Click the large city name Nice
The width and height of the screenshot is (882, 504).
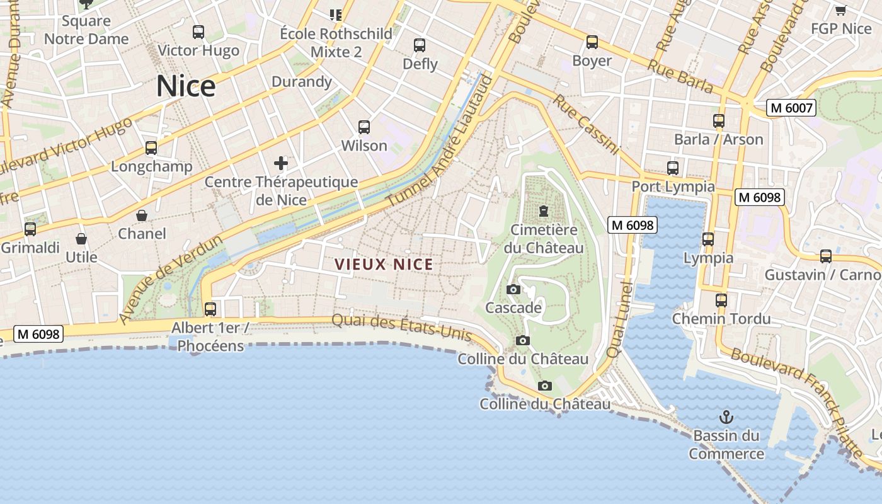click(186, 86)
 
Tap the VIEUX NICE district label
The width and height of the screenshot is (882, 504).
click(384, 265)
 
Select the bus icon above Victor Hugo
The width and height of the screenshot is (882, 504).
click(198, 32)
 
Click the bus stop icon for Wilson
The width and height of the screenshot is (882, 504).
click(364, 127)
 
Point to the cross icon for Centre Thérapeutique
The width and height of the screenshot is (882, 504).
click(281, 164)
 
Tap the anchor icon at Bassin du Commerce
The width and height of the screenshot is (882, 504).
click(726, 417)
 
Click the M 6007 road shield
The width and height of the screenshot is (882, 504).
click(791, 108)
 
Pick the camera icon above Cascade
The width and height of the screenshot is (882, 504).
click(513, 290)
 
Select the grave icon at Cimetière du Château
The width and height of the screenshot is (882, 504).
click(543, 211)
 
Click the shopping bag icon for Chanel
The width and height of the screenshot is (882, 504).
click(142, 215)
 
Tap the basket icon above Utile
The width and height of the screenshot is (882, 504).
click(81, 239)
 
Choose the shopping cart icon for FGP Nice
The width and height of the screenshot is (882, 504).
click(840, 10)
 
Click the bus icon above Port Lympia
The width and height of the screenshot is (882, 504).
click(673, 168)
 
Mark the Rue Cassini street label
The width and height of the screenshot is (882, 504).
click(586, 125)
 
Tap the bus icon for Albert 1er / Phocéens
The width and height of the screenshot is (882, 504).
click(210, 309)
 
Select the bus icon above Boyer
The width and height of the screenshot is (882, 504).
click(592, 42)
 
